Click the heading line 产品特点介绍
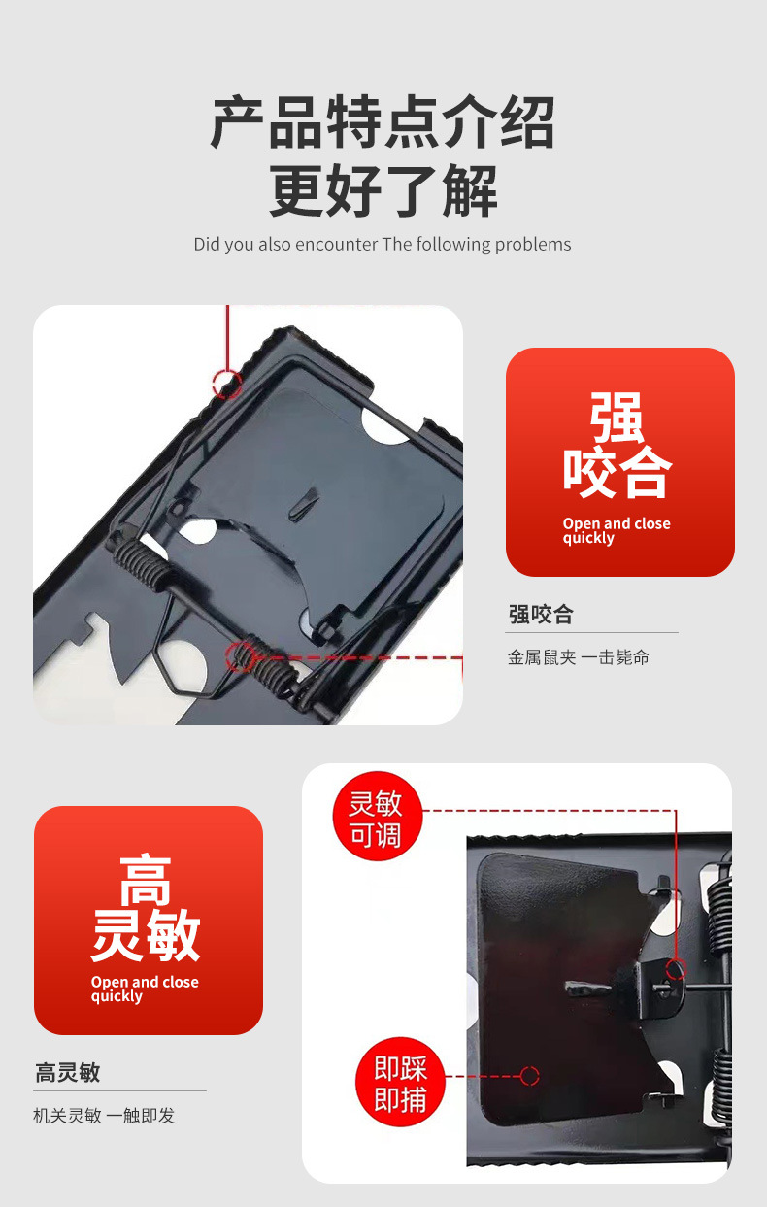(x=383, y=122)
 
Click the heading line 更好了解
(x=383, y=190)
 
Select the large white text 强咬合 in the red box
(x=617, y=445)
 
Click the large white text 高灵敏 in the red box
(x=146, y=907)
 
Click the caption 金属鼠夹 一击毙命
(x=578, y=657)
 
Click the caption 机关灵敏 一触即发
(x=104, y=1116)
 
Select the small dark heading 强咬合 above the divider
(x=541, y=615)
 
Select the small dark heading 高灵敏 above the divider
(x=67, y=1072)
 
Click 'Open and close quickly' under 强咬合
(x=617, y=531)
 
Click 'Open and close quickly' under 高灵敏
(x=145, y=989)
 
